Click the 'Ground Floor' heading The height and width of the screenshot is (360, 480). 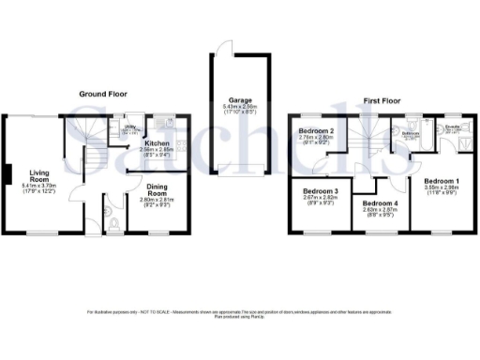[x=102, y=94]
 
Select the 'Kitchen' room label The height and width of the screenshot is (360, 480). [x=156, y=142]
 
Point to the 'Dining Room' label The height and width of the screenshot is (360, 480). [x=155, y=189]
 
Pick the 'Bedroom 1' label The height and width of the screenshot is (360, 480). [x=440, y=180]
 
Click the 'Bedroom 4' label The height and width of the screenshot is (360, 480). [x=380, y=203]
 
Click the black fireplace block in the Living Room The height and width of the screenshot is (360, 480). [x=7, y=174]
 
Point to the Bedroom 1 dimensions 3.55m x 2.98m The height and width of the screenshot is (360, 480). [x=440, y=188]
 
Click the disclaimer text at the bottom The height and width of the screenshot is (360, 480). [x=240, y=313]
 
